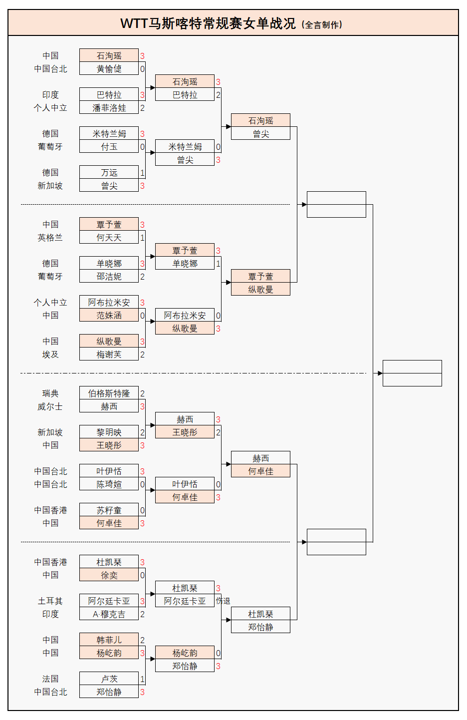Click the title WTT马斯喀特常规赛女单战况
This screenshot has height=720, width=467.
pyautogui.click(x=208, y=23)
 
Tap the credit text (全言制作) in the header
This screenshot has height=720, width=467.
pyautogui.click(x=322, y=24)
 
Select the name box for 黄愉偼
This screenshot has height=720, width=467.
pyautogui.click(x=109, y=69)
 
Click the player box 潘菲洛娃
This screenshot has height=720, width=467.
pyautogui.click(x=109, y=108)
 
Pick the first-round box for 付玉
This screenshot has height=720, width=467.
pyautogui.click(x=109, y=147)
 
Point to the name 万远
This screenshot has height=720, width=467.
pyautogui.click(x=109, y=173)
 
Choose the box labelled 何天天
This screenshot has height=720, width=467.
pyautogui.click(x=109, y=238)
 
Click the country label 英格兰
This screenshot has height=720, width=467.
pyautogui.click(x=50, y=238)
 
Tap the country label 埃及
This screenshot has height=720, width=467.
pyautogui.click(x=50, y=355)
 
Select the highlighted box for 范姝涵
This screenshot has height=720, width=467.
pyautogui.click(x=109, y=316)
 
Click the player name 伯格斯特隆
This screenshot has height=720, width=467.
pyautogui.click(x=109, y=393)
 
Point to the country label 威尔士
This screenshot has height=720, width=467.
pyautogui.click(x=50, y=406)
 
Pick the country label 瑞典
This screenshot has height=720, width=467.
pyautogui.click(x=50, y=393)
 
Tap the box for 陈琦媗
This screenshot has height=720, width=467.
pyautogui.click(x=109, y=484)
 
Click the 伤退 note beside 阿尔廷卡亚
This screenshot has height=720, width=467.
pyautogui.click(x=223, y=601)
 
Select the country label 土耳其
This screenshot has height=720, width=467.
pyautogui.click(x=50, y=601)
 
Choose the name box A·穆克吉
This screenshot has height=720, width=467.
pyautogui.click(x=109, y=614)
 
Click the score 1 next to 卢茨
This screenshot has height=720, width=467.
pyautogui.click(x=142, y=679)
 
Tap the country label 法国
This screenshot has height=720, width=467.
pyautogui.click(x=50, y=679)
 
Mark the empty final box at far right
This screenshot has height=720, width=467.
pyautogui.click(x=412, y=373)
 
